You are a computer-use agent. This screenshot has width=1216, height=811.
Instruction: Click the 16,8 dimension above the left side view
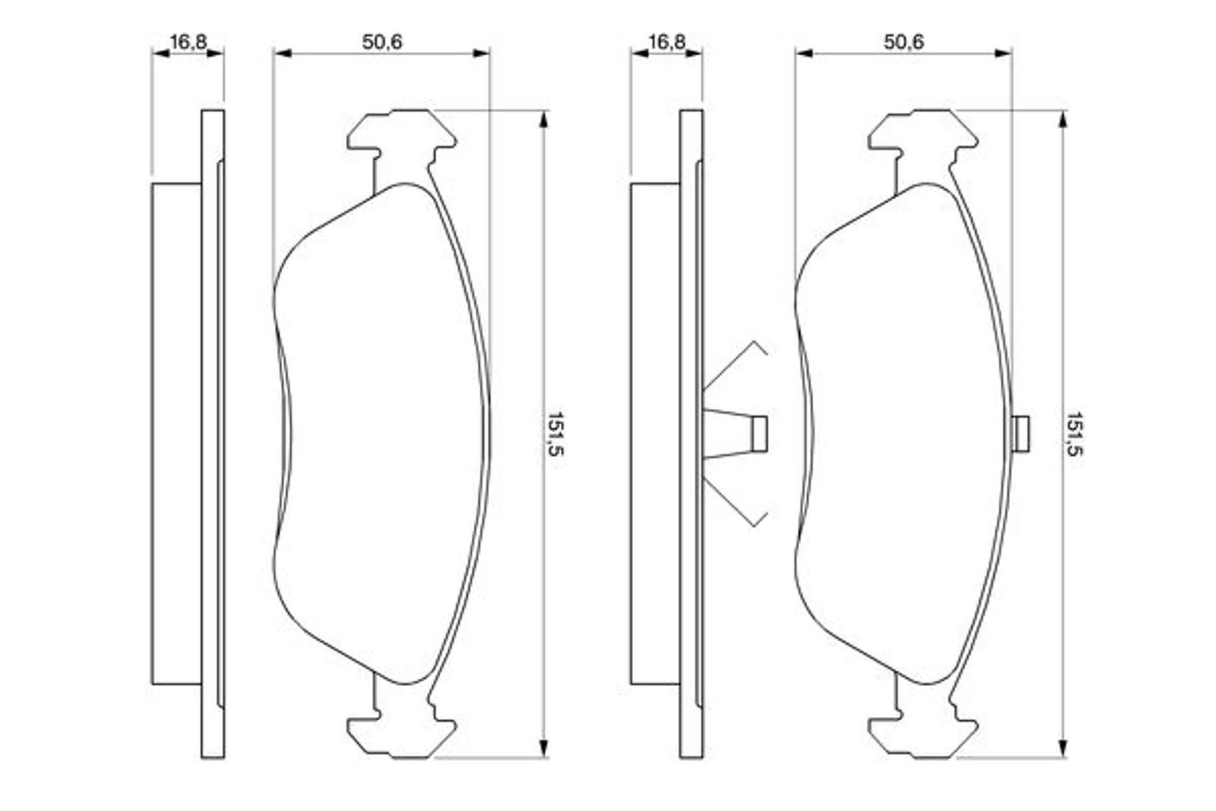pyautogui.click(x=188, y=42)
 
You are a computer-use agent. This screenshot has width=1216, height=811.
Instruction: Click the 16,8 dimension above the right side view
pyautogui.click(x=667, y=42)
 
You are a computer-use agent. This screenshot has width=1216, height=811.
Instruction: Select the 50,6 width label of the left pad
pyautogui.click(x=382, y=42)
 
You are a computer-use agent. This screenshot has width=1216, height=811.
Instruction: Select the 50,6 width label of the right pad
pyautogui.click(x=904, y=42)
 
